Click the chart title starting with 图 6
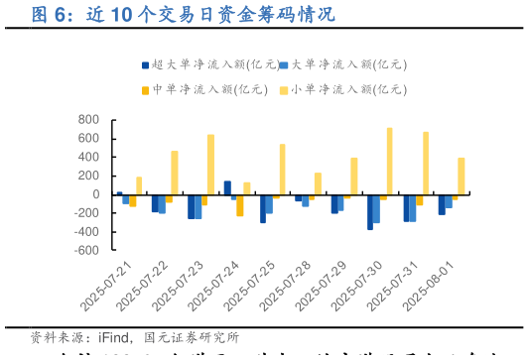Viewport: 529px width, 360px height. click(x=169, y=15)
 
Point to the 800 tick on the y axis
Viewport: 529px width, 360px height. click(x=87, y=120)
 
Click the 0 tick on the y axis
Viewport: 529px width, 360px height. click(x=94, y=194)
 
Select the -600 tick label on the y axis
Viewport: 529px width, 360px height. click(x=85, y=251)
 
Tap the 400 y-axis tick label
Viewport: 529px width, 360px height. click(x=87, y=158)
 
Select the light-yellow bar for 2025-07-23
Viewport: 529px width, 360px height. click(x=210, y=165)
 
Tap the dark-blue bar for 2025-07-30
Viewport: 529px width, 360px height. click(x=370, y=211)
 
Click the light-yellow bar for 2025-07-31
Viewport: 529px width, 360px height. click(x=425, y=163)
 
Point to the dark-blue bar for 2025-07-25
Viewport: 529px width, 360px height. click(x=263, y=208)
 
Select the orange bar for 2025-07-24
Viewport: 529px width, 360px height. click(x=240, y=205)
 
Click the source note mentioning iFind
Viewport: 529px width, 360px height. click(x=135, y=338)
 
